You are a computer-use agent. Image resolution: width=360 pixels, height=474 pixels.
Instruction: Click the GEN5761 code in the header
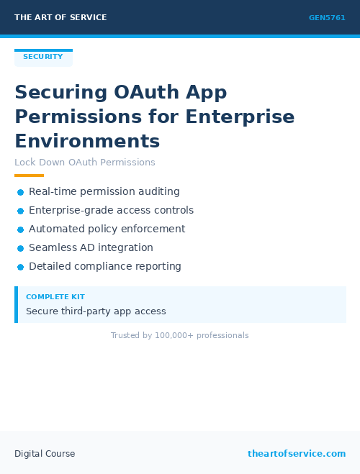[327, 18]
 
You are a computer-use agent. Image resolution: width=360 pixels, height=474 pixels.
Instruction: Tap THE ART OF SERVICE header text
[60, 17]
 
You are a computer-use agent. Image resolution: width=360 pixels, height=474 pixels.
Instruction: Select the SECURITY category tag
[43, 57]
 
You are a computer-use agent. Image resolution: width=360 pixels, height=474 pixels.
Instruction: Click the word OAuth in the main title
[148, 93]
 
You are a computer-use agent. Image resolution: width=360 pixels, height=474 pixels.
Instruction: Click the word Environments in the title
[87, 140]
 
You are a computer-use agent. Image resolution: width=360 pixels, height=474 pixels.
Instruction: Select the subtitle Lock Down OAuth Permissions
[85, 163]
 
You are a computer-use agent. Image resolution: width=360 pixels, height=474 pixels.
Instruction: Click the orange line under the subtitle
[29, 176]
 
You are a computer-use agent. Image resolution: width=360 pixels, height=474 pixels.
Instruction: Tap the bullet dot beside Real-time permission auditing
[21, 192]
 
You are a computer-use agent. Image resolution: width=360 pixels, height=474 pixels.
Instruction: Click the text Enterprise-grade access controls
[111, 211]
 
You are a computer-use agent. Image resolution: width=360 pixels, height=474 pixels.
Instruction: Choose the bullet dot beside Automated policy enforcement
[21, 229]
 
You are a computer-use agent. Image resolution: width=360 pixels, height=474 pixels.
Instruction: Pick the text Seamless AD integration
[91, 248]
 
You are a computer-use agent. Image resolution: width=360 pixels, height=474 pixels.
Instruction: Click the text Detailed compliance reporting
[105, 267]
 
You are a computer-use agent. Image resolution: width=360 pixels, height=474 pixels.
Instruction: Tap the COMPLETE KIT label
[55, 297]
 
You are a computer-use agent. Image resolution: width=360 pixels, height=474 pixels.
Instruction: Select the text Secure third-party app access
[96, 311]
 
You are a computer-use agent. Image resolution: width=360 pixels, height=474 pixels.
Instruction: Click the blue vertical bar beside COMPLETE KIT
[16, 304]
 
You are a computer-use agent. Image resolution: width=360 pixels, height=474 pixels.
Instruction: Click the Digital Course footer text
[45, 454]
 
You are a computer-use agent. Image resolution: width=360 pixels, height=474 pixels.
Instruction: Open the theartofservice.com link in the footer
[297, 454]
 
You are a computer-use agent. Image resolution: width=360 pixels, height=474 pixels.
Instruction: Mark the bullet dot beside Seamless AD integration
[21, 248]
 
